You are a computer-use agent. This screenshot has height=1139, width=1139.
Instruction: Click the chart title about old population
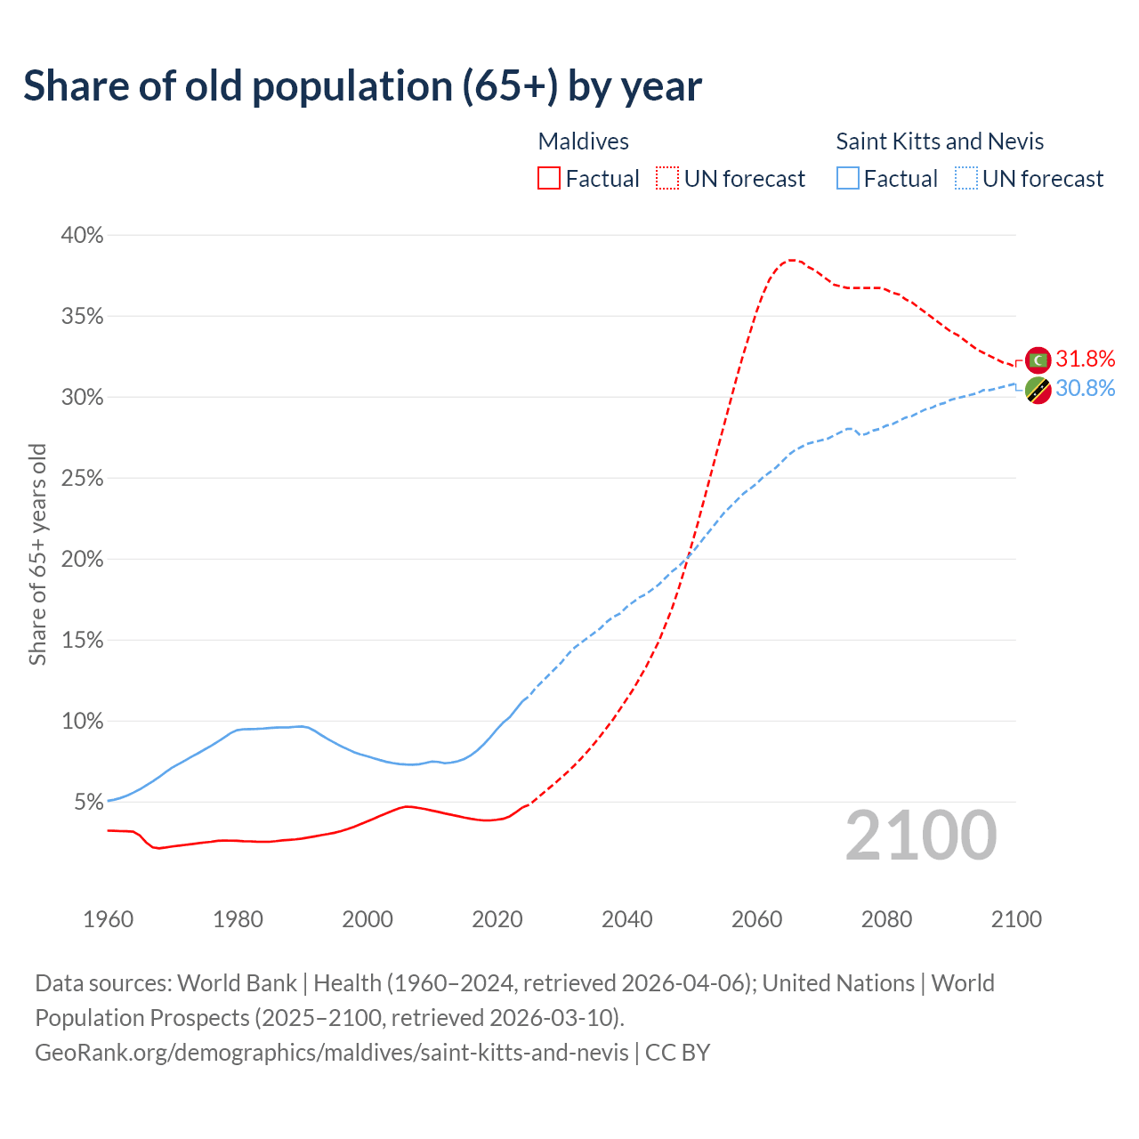(362, 86)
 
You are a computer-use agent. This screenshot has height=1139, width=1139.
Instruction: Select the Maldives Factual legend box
(549, 179)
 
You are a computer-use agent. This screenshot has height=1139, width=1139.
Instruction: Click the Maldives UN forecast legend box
(666, 179)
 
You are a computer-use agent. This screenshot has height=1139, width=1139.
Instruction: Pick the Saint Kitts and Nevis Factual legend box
(848, 179)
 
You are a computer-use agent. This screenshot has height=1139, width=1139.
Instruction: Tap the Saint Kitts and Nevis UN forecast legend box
(966, 179)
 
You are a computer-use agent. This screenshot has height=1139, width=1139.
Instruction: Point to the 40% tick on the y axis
(82, 236)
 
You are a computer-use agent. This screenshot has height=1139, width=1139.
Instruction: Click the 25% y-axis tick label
(82, 479)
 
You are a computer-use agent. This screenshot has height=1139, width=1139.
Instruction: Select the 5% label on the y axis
(88, 803)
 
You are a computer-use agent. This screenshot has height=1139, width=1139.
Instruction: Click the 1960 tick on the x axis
(108, 919)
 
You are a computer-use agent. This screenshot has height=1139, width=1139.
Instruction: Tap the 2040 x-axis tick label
(626, 919)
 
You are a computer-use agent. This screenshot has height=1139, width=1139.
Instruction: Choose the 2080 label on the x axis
(886, 919)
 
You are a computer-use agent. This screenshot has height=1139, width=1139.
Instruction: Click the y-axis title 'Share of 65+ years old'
(37, 554)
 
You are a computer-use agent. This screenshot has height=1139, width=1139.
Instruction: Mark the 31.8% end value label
(1085, 359)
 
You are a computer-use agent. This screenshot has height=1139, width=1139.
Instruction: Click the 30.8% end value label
(1085, 388)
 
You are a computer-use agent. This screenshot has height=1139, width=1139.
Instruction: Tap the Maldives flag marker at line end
(1038, 359)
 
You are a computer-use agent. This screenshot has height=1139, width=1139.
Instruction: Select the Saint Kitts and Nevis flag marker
(1038, 390)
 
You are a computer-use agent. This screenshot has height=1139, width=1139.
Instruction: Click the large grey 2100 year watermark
(921, 836)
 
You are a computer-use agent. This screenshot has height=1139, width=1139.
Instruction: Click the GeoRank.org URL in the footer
(332, 1053)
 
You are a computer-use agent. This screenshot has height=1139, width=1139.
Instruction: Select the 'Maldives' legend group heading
(584, 141)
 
